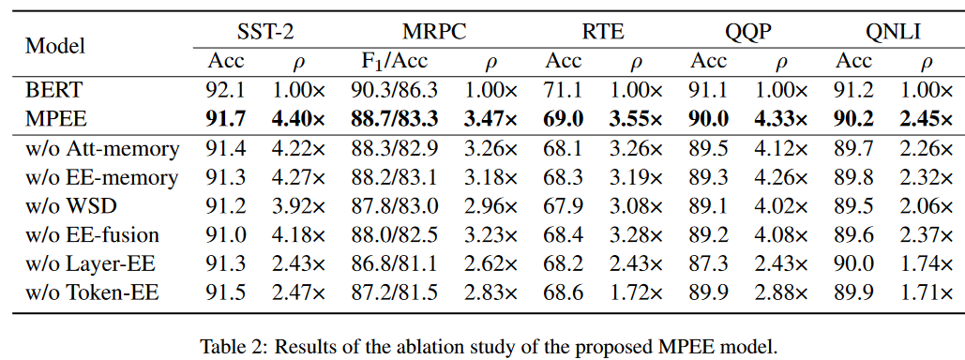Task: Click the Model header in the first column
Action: pyautogui.click(x=54, y=46)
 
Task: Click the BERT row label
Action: pyautogui.click(x=54, y=92)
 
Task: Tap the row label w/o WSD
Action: pyautogui.click(x=71, y=206)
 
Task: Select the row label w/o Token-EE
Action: pyautogui.click(x=91, y=292)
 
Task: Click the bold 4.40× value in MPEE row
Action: pyautogui.click(x=298, y=120)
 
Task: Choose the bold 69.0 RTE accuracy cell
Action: pyautogui.click(x=564, y=120)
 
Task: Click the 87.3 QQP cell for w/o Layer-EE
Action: pyautogui.click(x=709, y=264)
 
